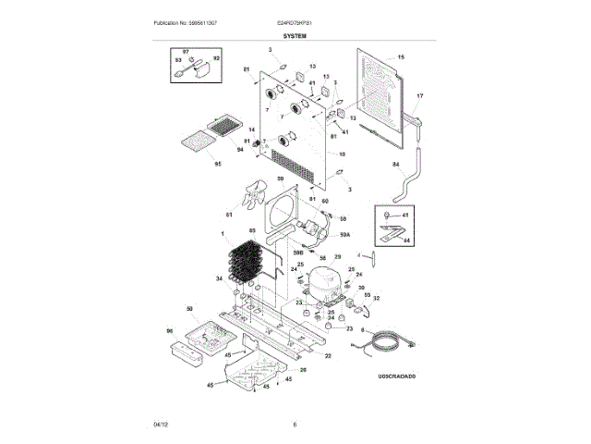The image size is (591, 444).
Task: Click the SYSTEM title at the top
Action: click(295, 35)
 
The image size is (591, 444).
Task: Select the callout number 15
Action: click(401, 57)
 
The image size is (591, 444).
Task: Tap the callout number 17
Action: click(418, 96)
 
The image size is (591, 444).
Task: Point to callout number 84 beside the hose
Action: click(396, 165)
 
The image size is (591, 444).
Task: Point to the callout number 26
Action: click(302, 370)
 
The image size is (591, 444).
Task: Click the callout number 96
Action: click(169, 331)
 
